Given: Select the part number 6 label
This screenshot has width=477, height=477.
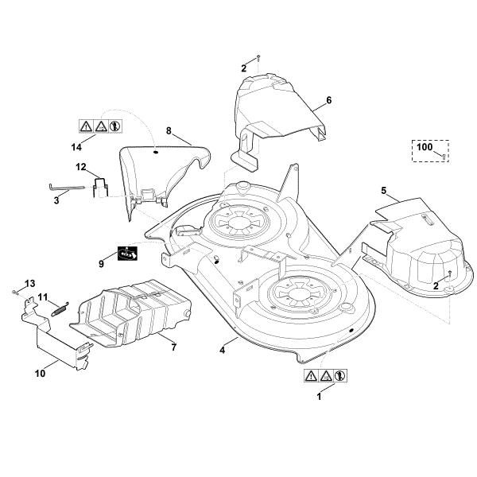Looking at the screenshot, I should pos(328,100).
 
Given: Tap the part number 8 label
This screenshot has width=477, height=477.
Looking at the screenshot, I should pos(169,130).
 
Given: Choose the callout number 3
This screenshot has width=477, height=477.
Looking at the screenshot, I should pos(56,202).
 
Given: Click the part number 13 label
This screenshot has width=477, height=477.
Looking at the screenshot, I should pos(30,283).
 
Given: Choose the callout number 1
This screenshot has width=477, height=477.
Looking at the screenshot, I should pos(320,395).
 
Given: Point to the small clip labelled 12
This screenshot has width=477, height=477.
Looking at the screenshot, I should pos(100,188).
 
